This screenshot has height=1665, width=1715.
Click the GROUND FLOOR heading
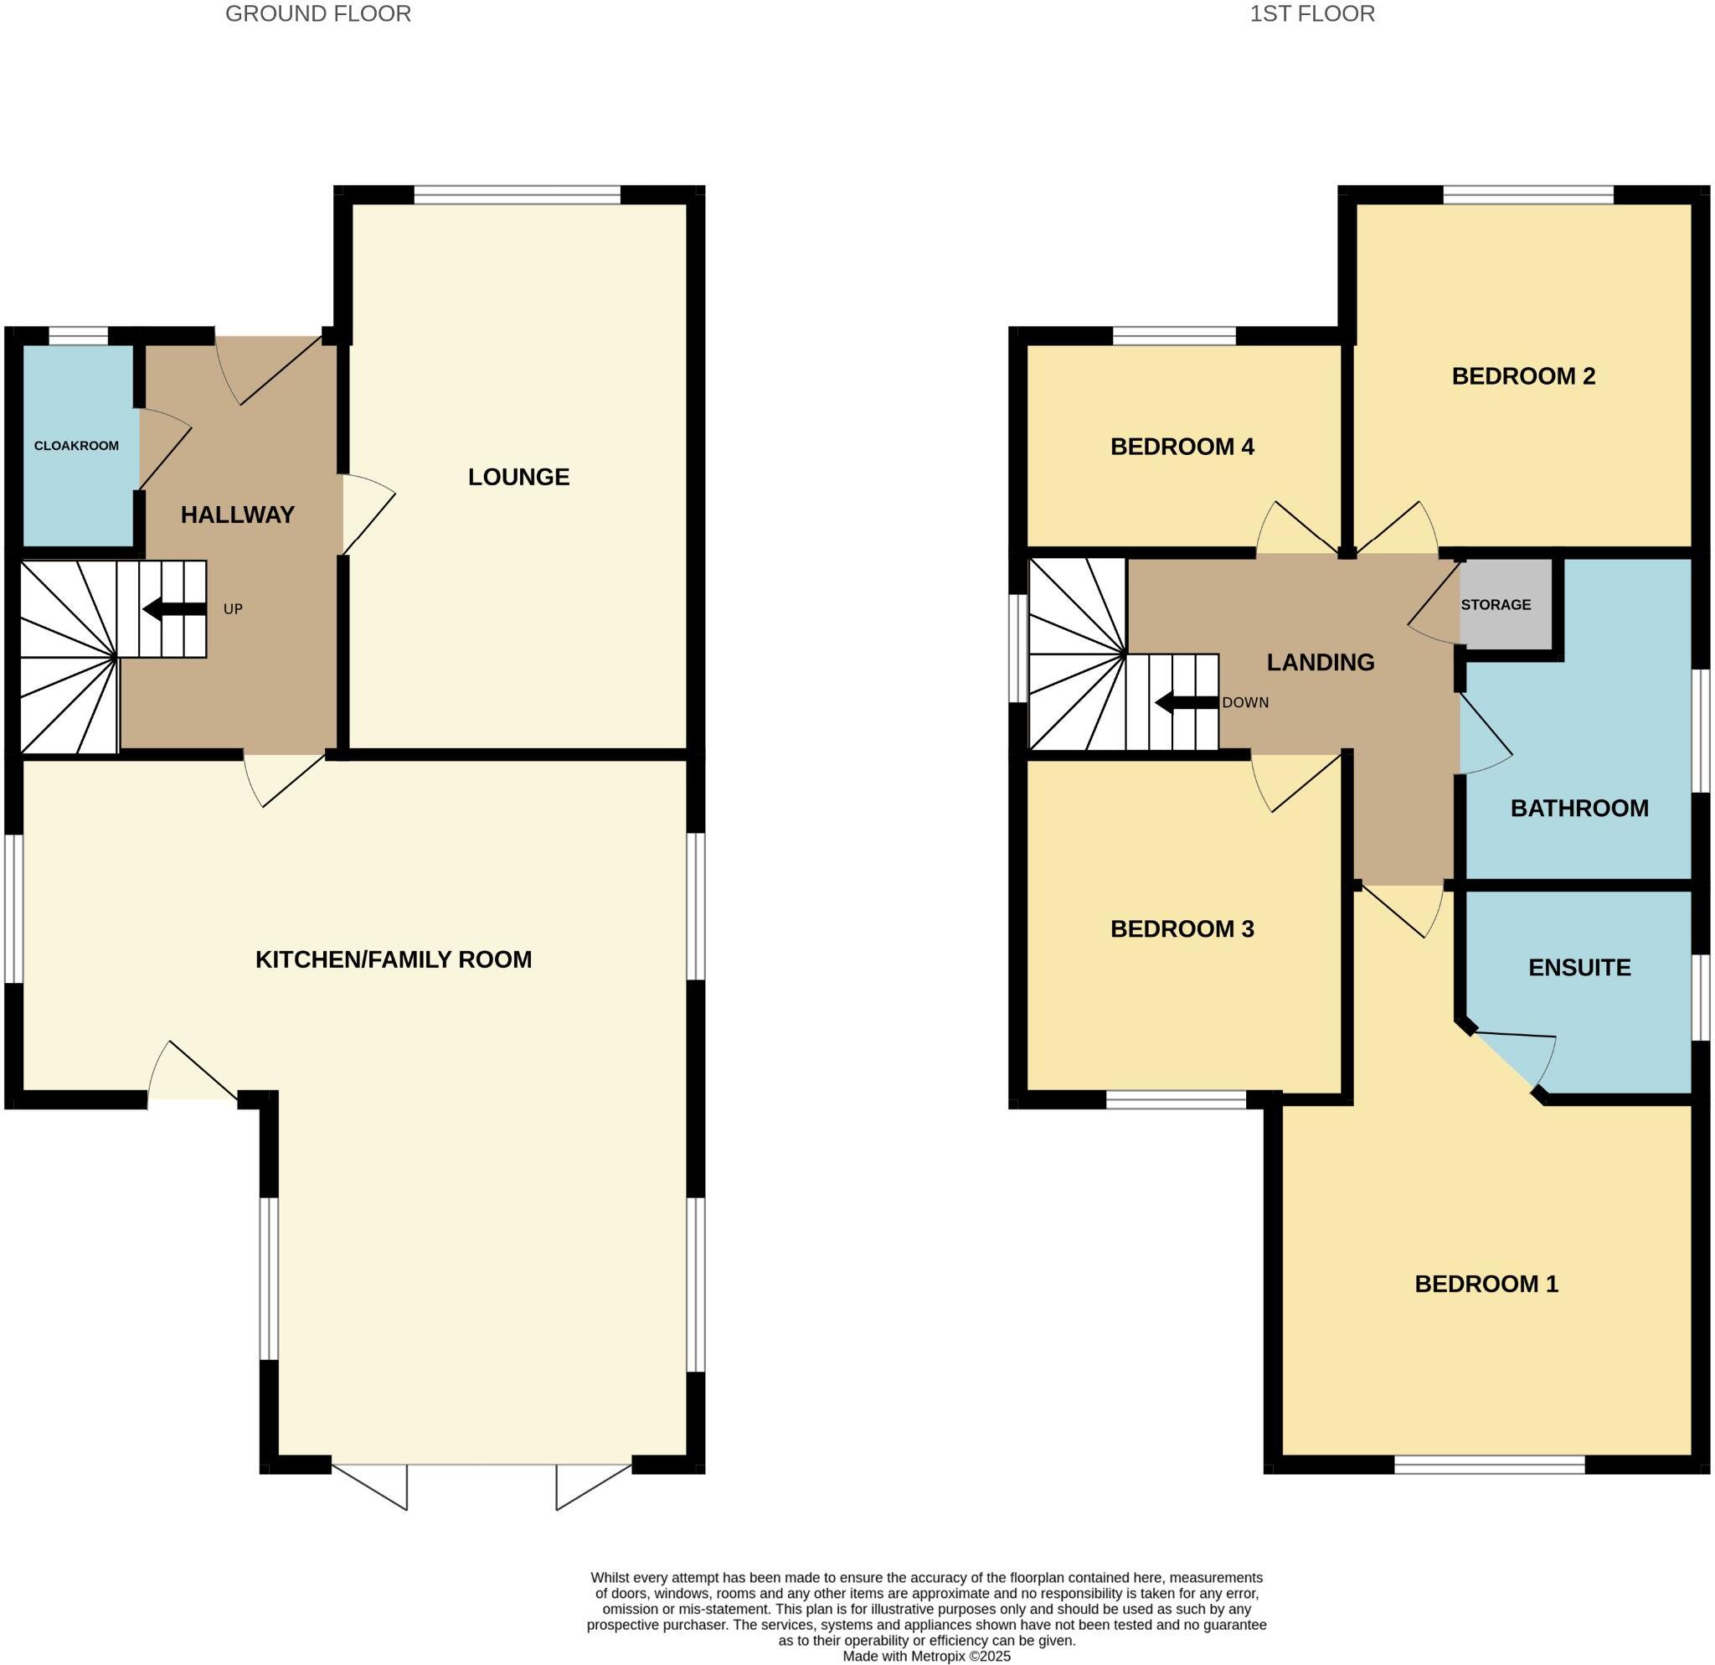[317, 14]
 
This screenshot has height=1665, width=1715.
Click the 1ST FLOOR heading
[1311, 14]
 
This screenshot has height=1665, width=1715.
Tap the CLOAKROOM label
[76, 446]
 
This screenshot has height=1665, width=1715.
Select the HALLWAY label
[237, 514]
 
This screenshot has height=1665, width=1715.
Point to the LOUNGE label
[518, 477]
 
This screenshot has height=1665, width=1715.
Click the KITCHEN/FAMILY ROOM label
[393, 959]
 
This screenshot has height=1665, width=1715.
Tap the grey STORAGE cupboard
[1504, 604]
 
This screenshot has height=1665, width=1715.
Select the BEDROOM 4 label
[1182, 447]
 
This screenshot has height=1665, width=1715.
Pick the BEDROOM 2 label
[1522, 376]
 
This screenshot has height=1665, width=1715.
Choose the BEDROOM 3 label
[1182, 928]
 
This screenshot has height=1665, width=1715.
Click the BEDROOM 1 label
[1486, 1285]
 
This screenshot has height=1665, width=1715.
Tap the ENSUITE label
[1579, 967]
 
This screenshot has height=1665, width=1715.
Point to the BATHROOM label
[1579, 808]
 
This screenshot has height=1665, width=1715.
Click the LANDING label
[1320, 663]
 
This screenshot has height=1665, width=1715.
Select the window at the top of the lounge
[518, 194]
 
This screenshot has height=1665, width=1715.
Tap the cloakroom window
[78, 335]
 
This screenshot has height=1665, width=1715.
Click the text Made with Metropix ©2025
[926, 1657]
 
